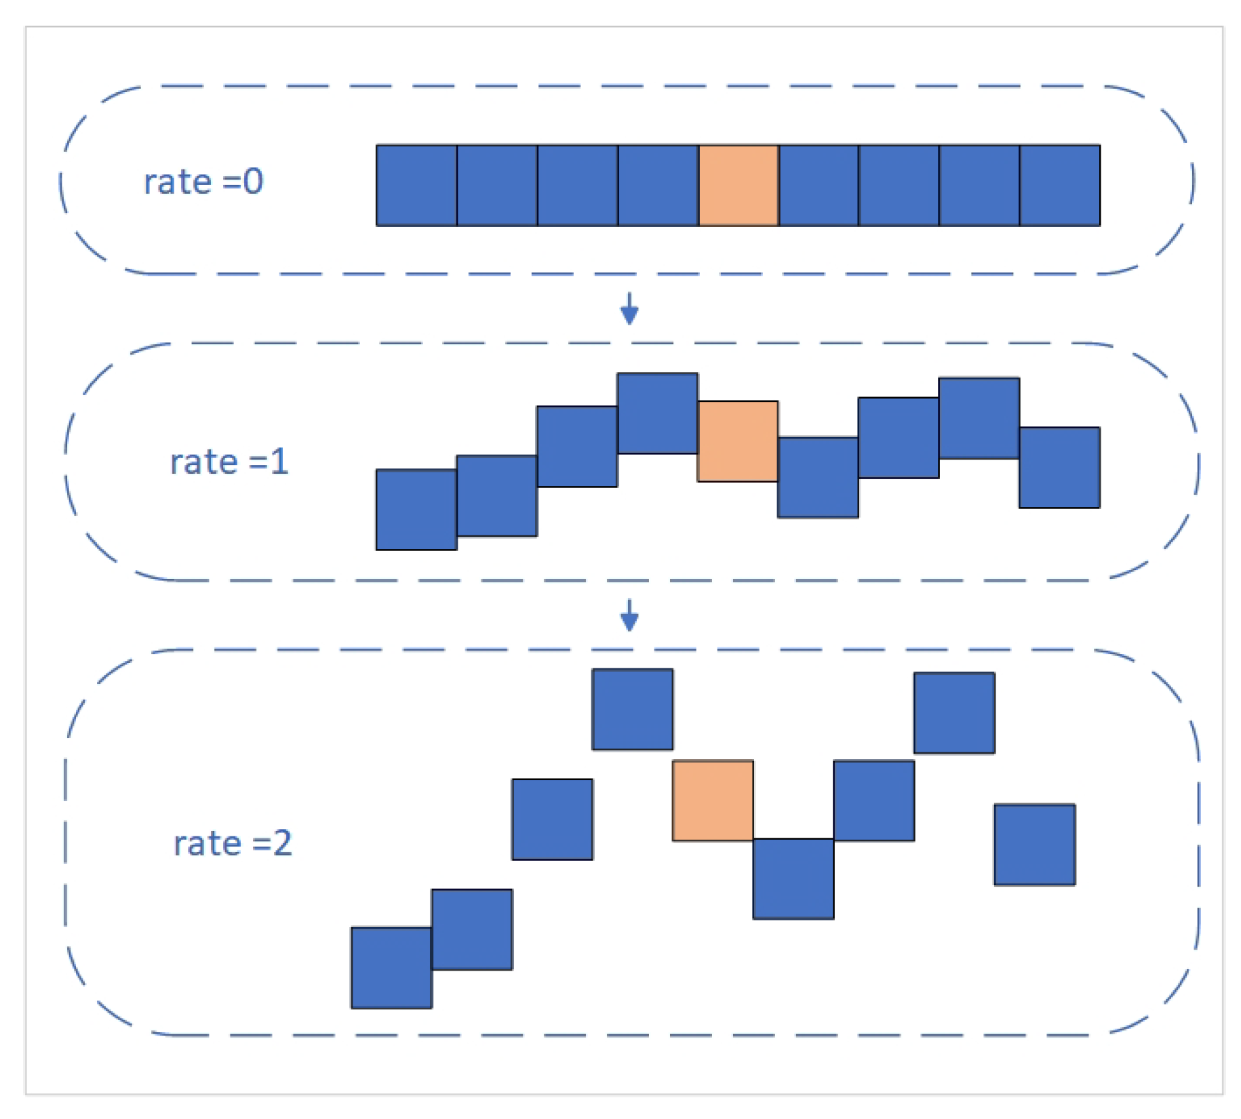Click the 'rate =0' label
(x=203, y=182)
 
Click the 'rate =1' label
(x=229, y=462)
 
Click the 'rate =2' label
(x=233, y=844)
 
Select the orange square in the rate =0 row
(x=738, y=185)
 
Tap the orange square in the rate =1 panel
(x=738, y=441)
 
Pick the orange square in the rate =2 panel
(x=713, y=800)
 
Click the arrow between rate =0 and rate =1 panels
(x=629, y=309)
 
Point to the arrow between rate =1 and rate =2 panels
(x=629, y=615)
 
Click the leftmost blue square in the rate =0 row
(x=416, y=185)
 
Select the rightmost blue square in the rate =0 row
(x=1060, y=185)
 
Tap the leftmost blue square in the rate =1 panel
(x=416, y=509)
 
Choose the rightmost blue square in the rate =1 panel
(x=1059, y=467)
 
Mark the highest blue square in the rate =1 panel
(x=657, y=413)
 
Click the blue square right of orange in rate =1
(x=818, y=477)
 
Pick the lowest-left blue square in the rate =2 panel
(x=391, y=968)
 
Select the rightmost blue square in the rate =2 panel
(x=1034, y=845)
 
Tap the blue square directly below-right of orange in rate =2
(x=793, y=878)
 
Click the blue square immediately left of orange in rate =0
(x=658, y=185)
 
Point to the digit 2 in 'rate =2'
(x=282, y=844)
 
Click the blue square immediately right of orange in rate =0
(x=819, y=185)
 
